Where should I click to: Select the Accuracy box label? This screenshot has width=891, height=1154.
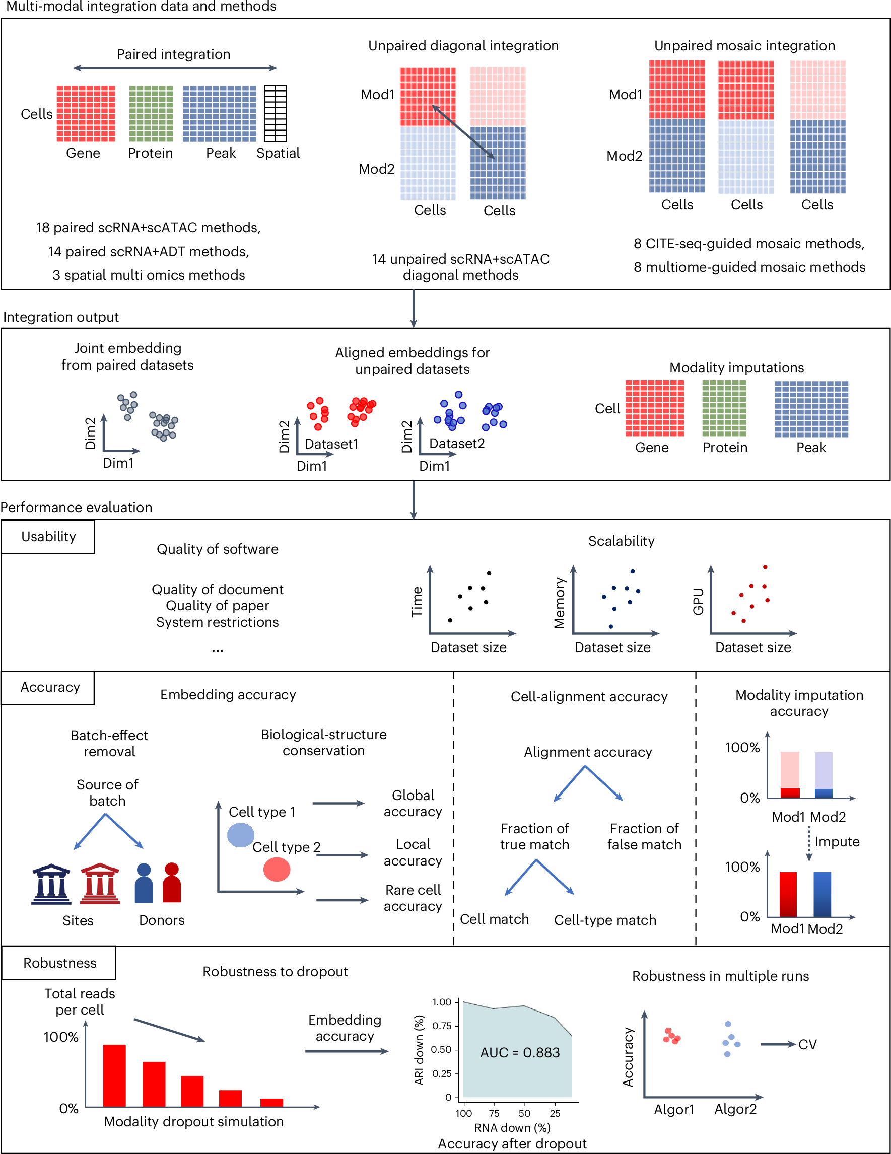pyautogui.click(x=50, y=687)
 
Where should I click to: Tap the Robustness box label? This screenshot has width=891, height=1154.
pyautogui.click(x=60, y=963)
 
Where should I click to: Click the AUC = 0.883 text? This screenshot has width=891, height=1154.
pyautogui.click(x=519, y=1053)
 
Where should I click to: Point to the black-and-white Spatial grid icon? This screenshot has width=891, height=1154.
pyautogui.click(x=276, y=113)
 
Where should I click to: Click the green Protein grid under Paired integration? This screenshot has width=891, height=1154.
pyautogui.click(x=151, y=113)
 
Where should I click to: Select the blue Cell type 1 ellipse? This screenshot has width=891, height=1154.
pyautogui.click(x=240, y=835)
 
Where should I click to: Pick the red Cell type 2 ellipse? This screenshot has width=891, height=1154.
pyautogui.click(x=277, y=869)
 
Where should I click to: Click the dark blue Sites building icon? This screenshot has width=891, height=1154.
pyautogui.click(x=51, y=884)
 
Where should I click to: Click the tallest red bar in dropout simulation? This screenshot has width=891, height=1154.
pyautogui.click(x=114, y=1075)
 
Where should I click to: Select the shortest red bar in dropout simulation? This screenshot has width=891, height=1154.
pyautogui.click(x=271, y=1102)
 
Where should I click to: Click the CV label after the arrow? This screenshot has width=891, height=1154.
pyautogui.click(x=807, y=1045)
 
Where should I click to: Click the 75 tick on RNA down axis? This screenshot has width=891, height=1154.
pyautogui.click(x=494, y=1113)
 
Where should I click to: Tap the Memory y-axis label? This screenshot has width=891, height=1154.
pyautogui.click(x=560, y=602)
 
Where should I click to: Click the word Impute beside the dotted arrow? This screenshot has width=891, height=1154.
pyautogui.click(x=837, y=842)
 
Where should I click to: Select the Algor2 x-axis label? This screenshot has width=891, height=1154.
pyautogui.click(x=735, y=1109)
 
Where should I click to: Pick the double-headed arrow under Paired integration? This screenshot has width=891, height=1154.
pyautogui.click(x=175, y=68)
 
